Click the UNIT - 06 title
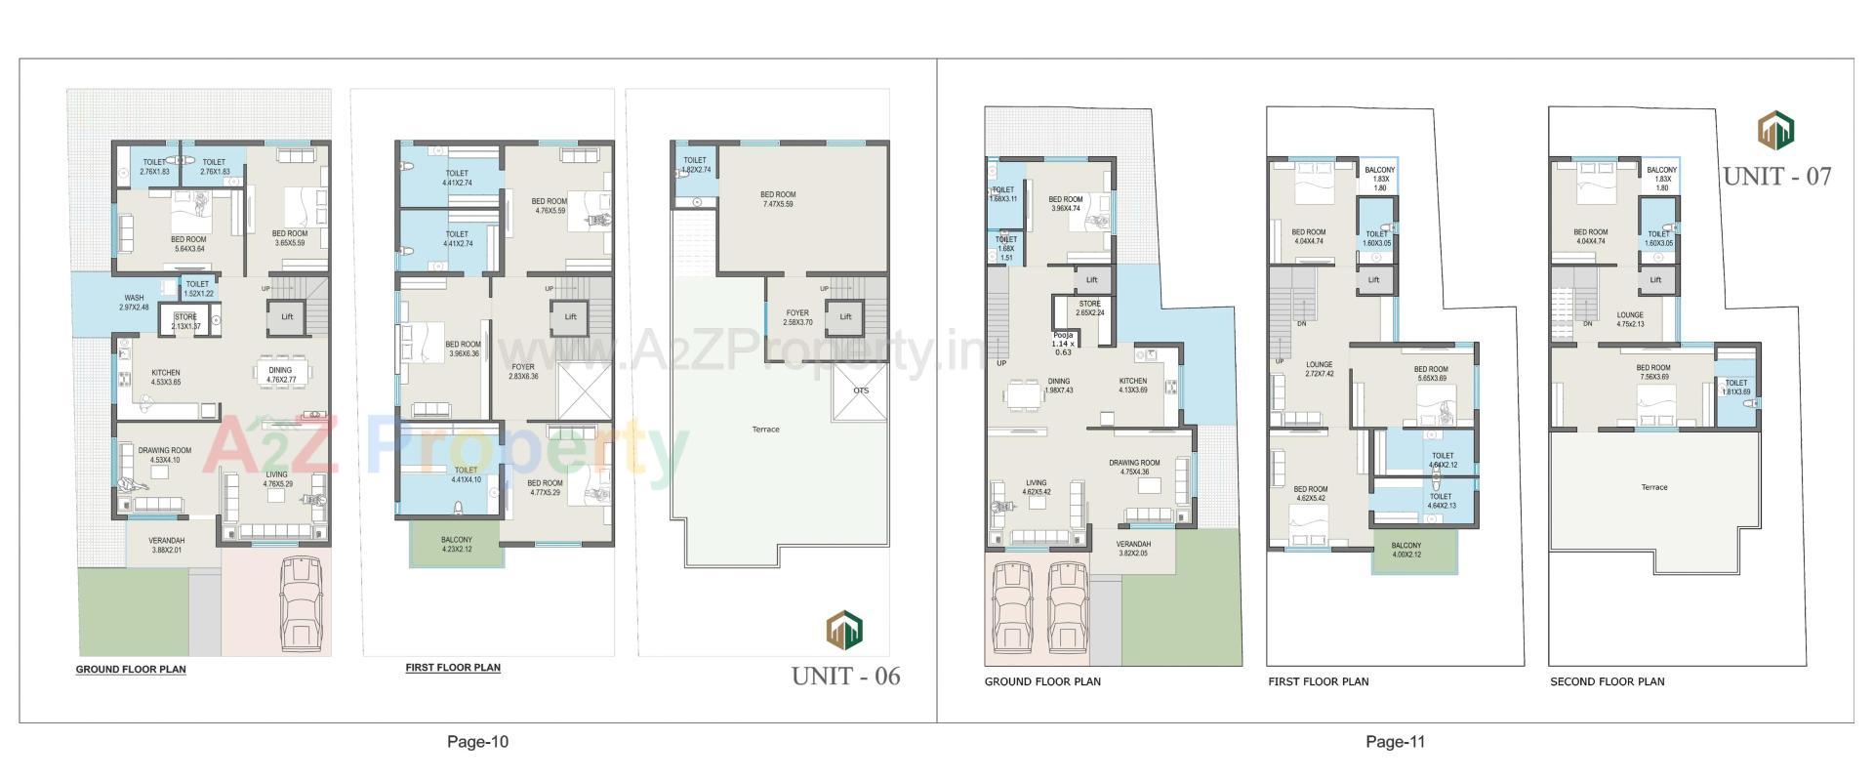[x=845, y=676]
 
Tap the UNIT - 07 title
[x=1776, y=176]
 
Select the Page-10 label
[x=477, y=742]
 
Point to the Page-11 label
[x=1395, y=742]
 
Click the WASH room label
[x=134, y=303]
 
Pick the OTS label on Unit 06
[x=860, y=390]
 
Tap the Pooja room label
[x=1062, y=343]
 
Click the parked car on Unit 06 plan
[x=300, y=601]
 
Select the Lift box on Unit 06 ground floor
[x=287, y=316]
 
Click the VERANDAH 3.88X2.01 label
[x=167, y=546]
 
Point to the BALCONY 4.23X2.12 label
[x=456, y=545]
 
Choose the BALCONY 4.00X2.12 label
[x=1405, y=551]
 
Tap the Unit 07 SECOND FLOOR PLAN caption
[x=1607, y=681]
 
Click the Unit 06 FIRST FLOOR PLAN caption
[x=453, y=668]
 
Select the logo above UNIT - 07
[x=1776, y=130]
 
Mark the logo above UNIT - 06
[x=844, y=630]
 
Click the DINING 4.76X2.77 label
[x=280, y=375]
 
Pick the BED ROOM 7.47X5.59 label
[x=778, y=199]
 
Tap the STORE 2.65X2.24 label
[x=1089, y=308]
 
